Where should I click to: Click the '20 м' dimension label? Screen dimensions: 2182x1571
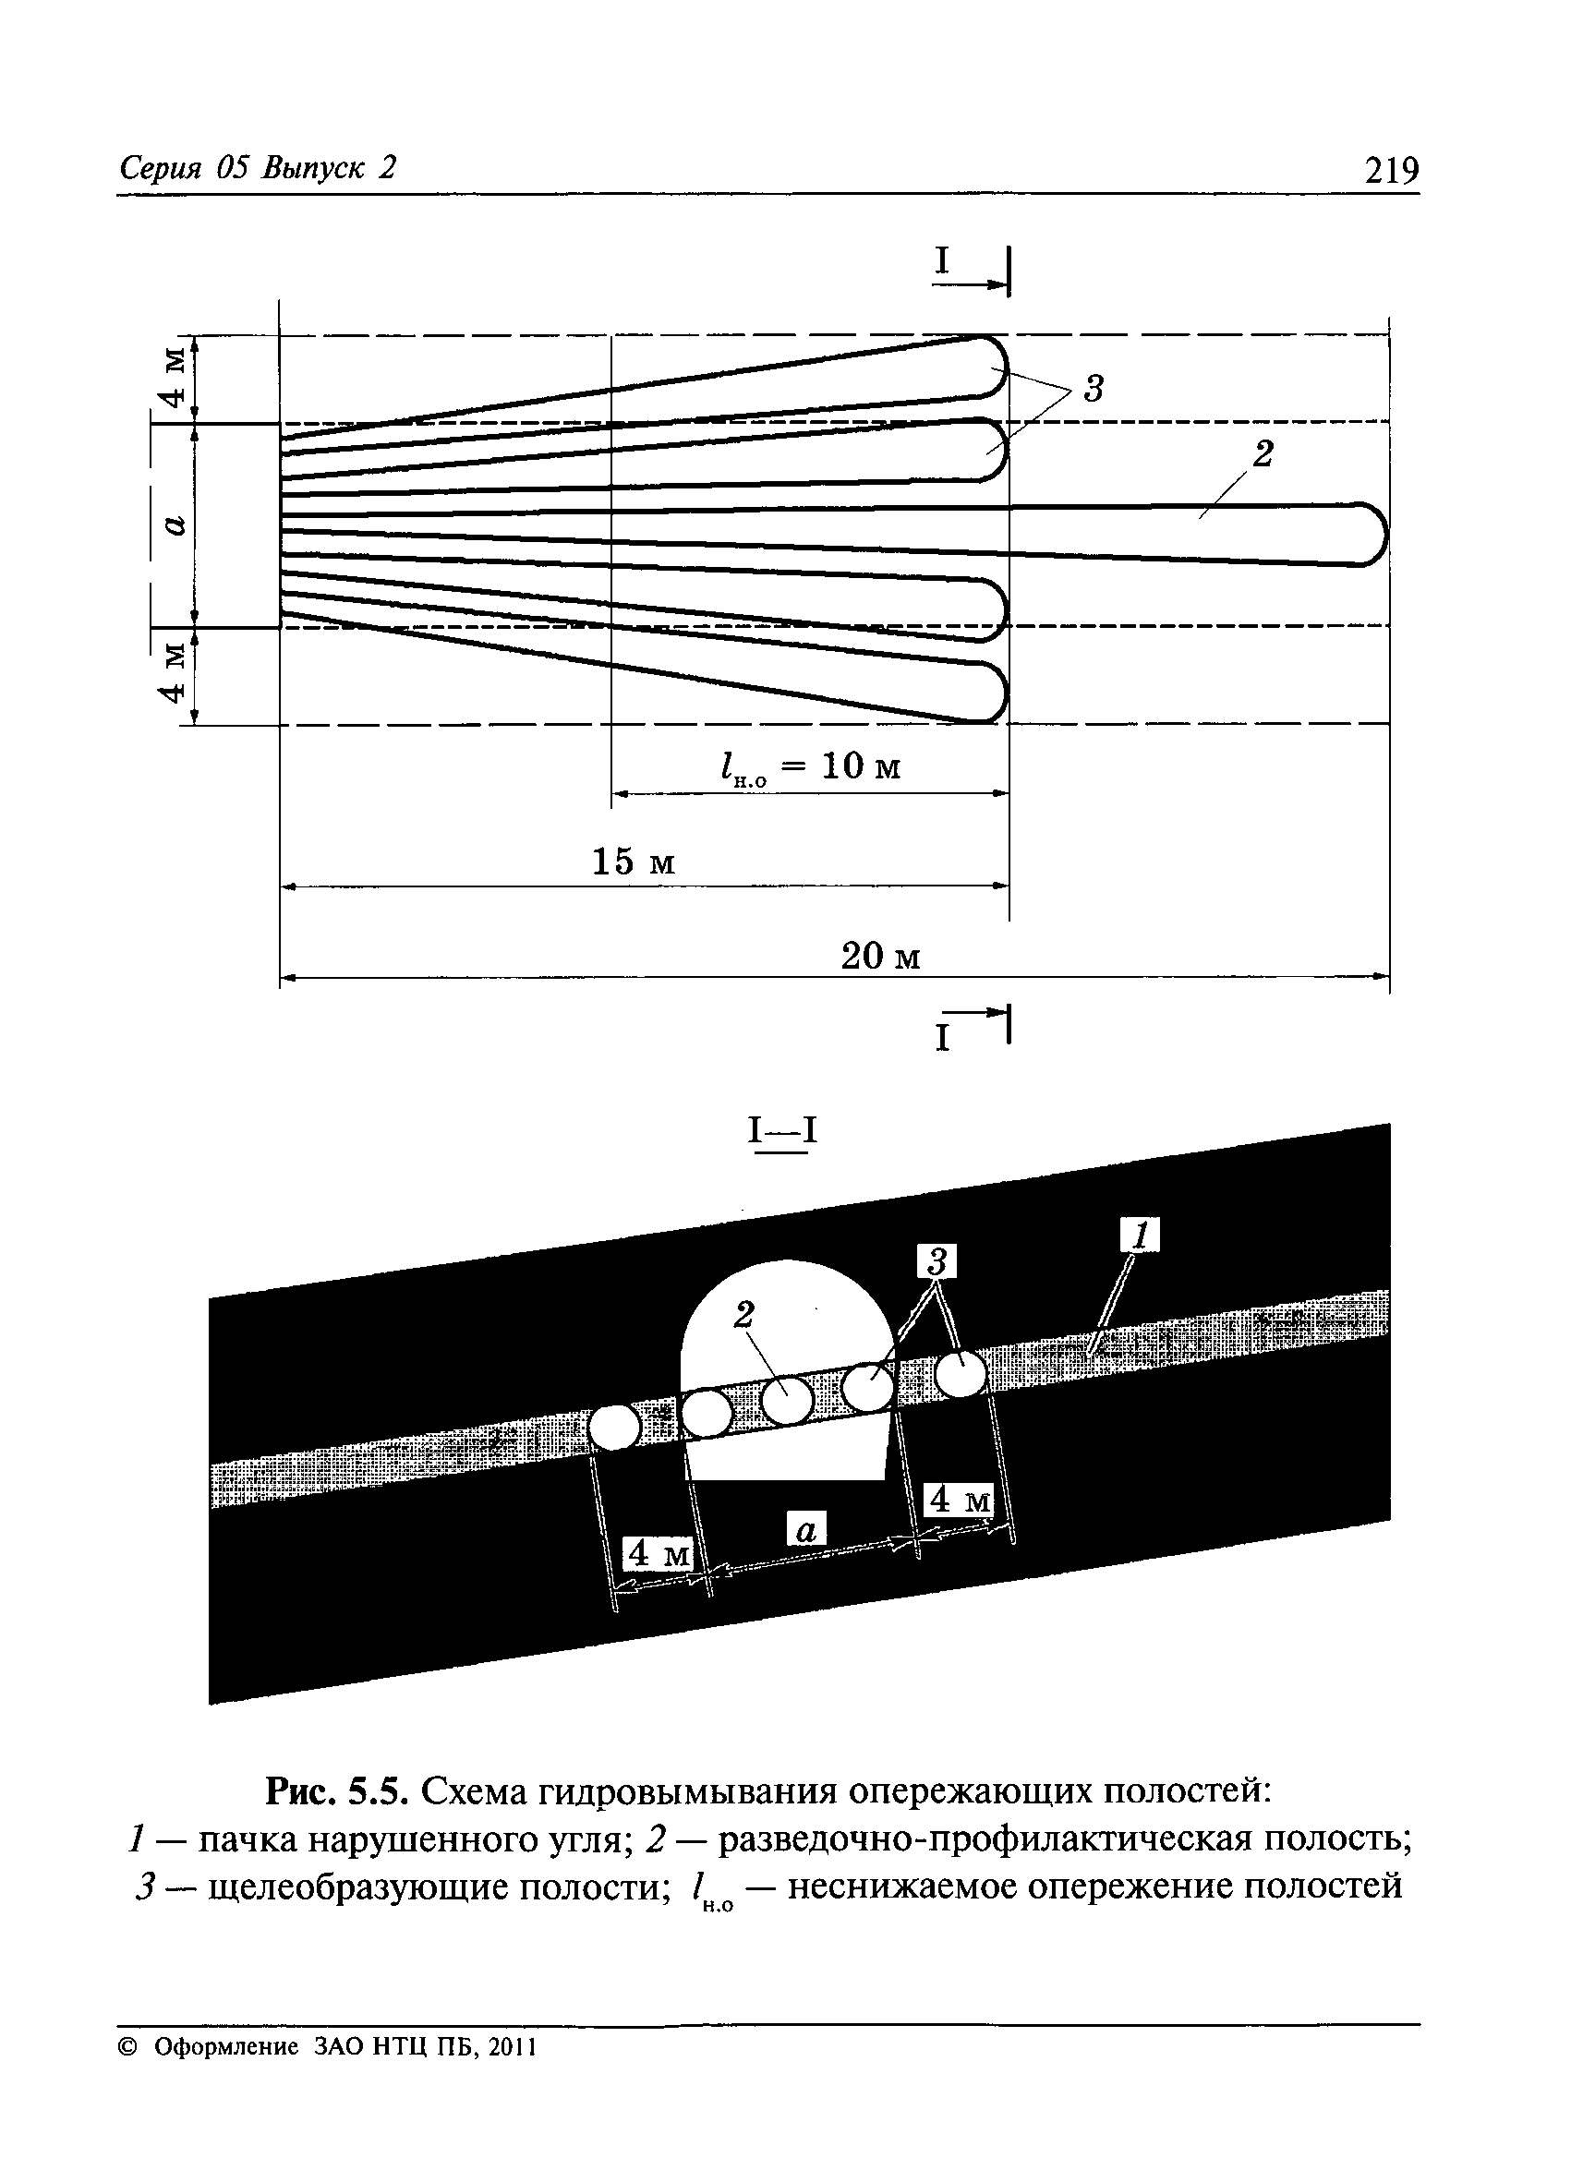[880, 957]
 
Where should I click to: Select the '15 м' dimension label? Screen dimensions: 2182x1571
[633, 861]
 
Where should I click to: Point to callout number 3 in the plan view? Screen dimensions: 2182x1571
[1093, 389]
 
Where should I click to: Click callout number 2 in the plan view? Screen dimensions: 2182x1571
[1263, 453]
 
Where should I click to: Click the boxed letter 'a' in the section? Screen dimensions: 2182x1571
[806, 1530]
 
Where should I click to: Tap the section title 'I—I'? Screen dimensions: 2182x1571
[783, 1130]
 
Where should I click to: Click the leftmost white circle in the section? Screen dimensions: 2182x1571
[613, 1427]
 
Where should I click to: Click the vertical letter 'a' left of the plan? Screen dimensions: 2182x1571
[173, 525]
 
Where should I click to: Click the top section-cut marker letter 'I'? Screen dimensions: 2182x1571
[943, 260]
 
